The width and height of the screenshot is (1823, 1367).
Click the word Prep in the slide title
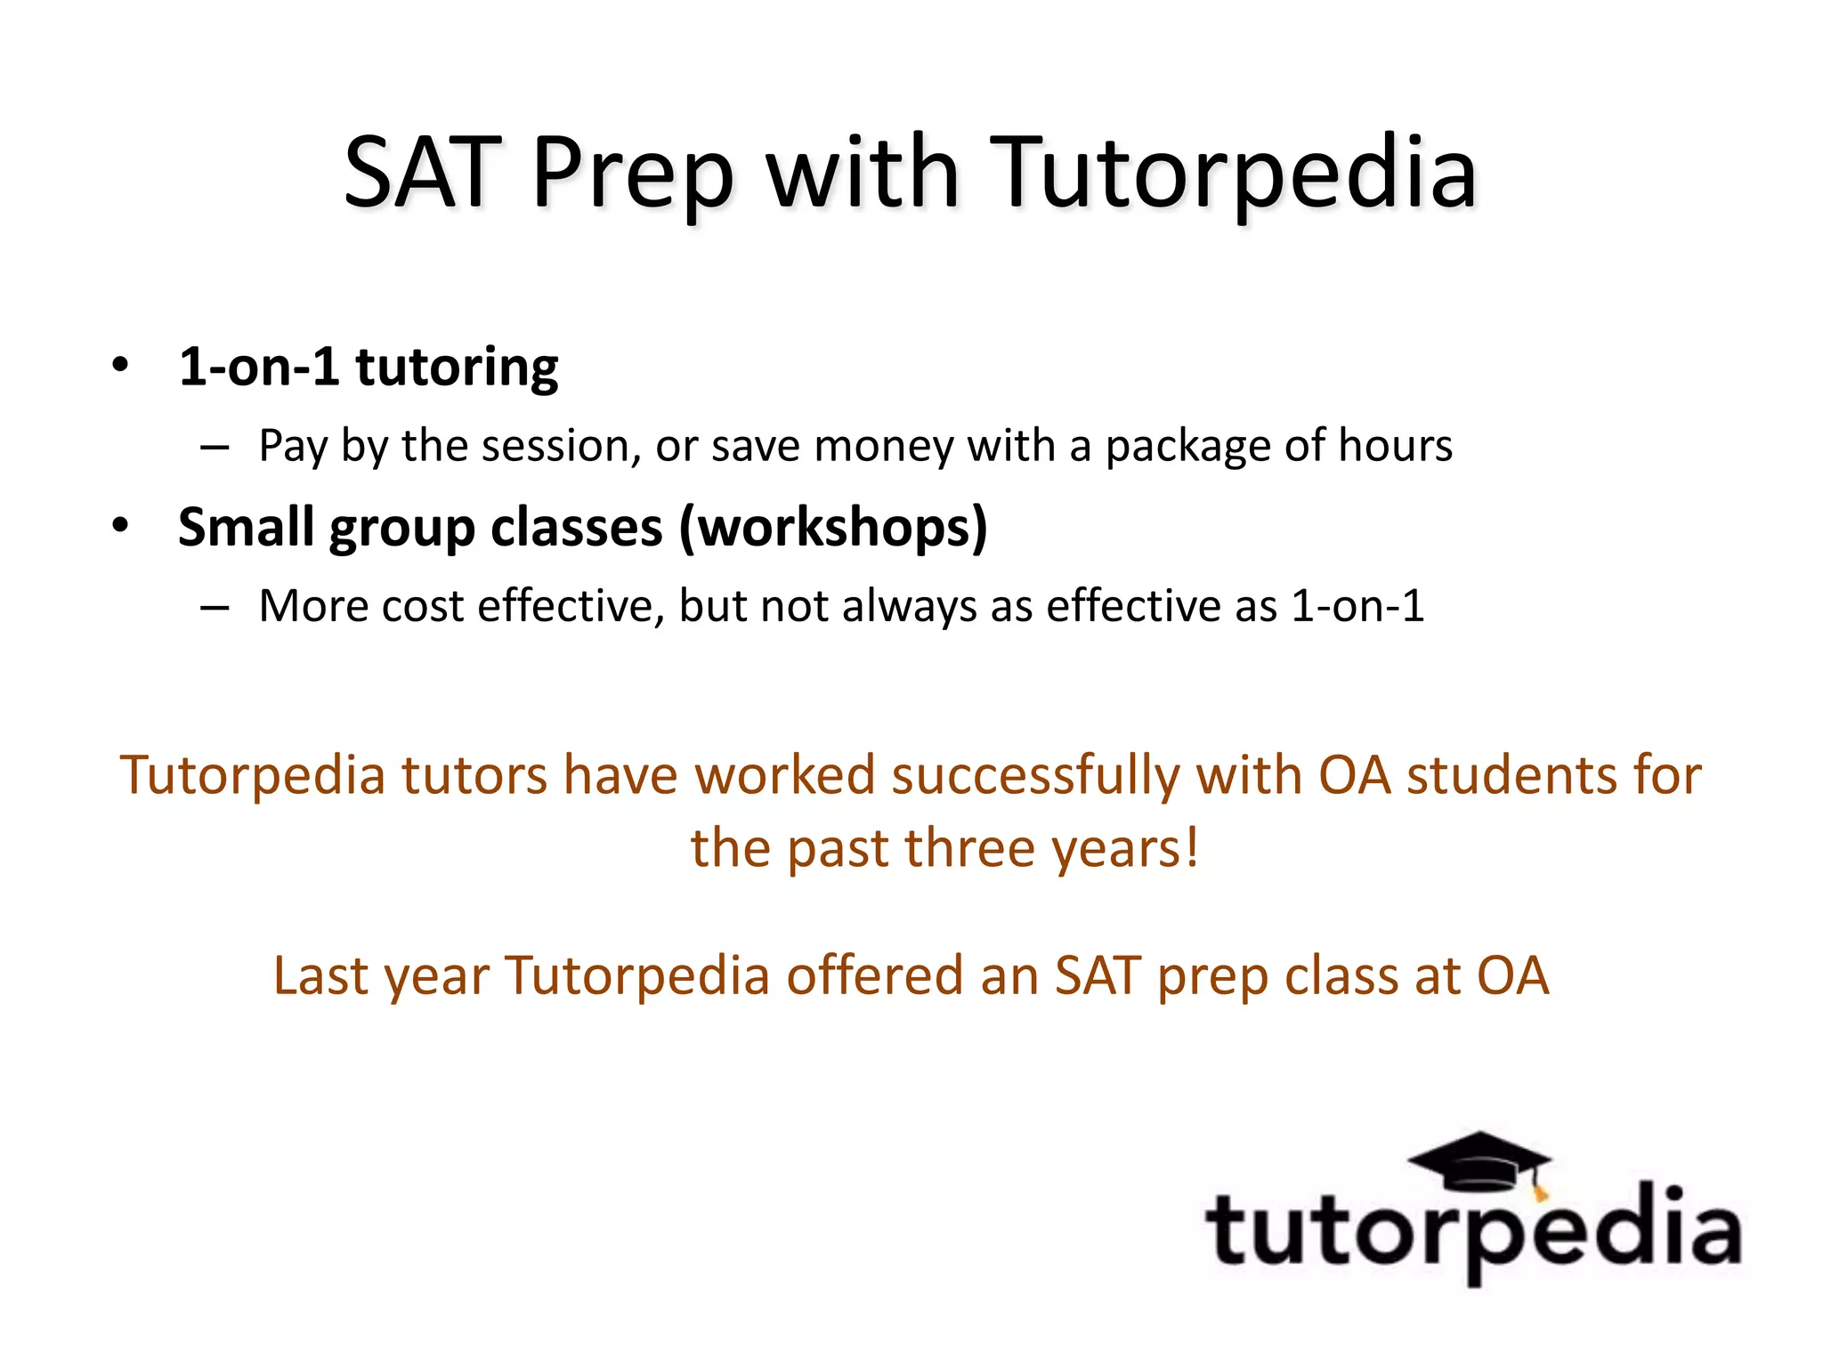[633, 174]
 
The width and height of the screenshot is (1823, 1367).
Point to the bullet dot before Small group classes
[121, 525]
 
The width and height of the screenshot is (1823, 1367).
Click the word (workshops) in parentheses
[833, 528]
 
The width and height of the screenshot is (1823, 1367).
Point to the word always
[907, 608]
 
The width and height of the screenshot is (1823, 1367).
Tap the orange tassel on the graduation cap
[1540, 1192]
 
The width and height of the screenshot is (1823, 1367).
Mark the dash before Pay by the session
[215, 447]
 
